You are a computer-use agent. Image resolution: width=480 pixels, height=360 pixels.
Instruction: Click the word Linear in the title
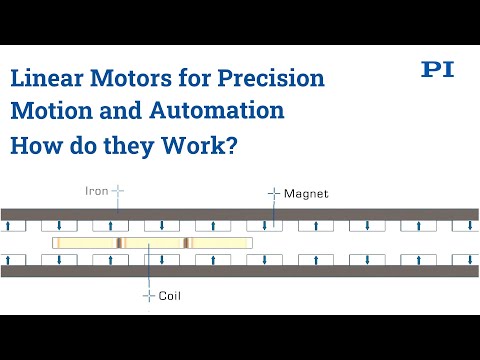coord(45,78)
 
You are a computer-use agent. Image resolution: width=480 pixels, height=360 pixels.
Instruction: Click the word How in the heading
coord(34,146)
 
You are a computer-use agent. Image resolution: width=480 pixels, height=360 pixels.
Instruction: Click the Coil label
coord(170,297)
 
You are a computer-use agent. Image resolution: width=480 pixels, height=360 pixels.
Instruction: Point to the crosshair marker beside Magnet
coord(272,192)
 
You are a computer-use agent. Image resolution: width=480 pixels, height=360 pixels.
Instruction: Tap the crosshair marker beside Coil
coord(150,297)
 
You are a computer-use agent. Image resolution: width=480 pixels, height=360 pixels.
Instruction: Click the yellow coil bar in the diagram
coord(150,243)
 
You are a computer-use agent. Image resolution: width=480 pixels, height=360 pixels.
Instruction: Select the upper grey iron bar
coord(240,214)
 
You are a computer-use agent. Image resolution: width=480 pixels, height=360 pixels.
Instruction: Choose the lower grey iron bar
coord(240,271)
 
